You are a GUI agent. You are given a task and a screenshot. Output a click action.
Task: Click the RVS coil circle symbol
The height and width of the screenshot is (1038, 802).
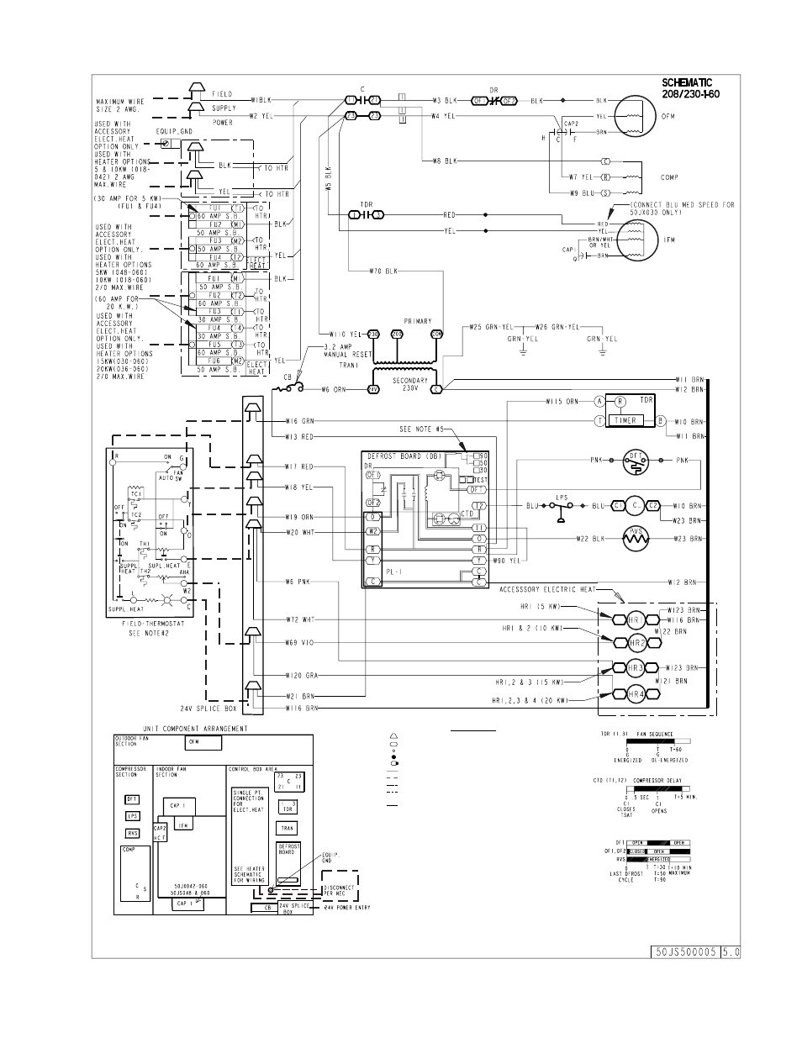(x=636, y=538)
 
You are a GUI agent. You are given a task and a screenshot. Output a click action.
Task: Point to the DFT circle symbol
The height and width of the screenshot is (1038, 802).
(x=636, y=460)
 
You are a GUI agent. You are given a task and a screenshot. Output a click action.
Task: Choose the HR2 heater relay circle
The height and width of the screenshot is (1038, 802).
(x=637, y=643)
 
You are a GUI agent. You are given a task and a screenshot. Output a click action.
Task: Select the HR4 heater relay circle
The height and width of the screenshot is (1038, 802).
(x=637, y=694)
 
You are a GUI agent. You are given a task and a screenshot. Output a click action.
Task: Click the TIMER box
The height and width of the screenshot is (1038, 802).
(x=625, y=420)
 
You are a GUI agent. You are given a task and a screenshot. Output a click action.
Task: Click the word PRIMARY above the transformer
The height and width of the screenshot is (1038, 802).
(x=417, y=320)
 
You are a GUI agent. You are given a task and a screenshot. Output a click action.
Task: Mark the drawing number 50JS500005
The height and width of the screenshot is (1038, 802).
(x=683, y=952)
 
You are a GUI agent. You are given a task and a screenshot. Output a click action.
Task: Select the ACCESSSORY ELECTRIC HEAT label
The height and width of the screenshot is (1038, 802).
(x=546, y=589)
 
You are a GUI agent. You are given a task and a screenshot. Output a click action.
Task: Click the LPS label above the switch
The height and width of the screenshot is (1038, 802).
(x=562, y=498)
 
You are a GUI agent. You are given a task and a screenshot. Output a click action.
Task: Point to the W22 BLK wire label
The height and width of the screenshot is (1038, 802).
(x=592, y=539)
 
